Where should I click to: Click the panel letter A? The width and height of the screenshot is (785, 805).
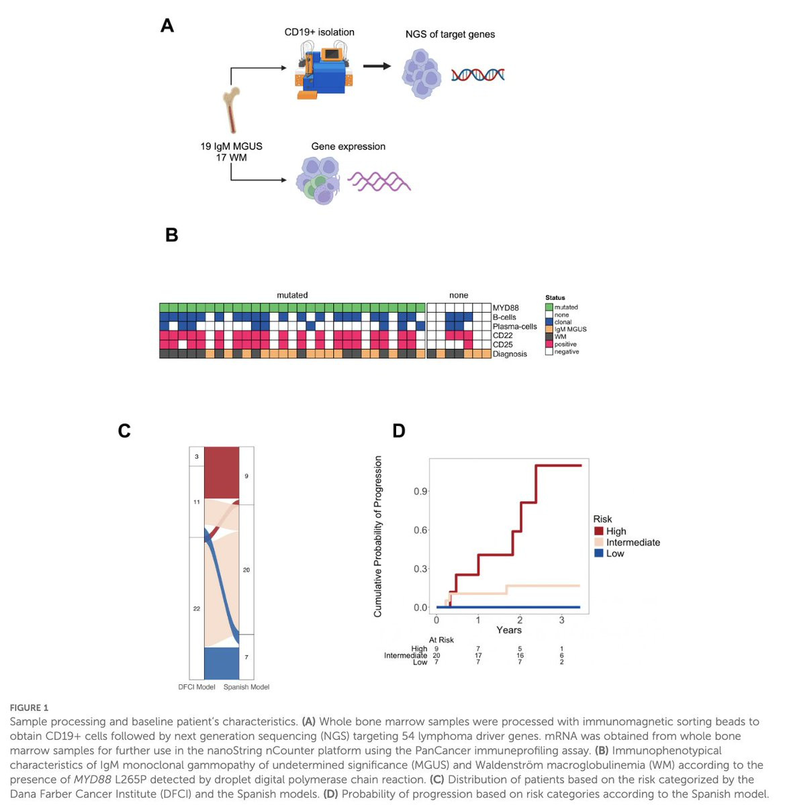pos(167,26)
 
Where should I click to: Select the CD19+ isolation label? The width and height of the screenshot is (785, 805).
pos(319,32)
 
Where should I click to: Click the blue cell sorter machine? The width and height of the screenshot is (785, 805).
pos(324,70)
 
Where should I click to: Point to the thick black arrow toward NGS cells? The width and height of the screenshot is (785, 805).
pos(377,66)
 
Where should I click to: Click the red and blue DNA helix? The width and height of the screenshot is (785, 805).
pos(477,74)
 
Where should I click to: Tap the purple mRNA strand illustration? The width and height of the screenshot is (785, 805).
pos(379,181)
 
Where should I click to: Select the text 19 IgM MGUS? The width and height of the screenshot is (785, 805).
pos(231,146)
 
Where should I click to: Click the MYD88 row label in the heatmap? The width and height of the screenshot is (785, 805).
pos(506,308)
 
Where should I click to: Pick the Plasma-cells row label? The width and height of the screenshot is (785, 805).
pos(514,327)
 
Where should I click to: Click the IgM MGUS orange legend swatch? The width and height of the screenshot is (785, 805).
pos(549,329)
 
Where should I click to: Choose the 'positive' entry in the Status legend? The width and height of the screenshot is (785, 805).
pos(565,344)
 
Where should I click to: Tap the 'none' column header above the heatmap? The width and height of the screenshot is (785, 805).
pos(459,295)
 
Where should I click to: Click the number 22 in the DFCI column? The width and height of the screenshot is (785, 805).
pos(196,608)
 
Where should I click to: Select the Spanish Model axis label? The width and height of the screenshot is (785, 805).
pos(246,687)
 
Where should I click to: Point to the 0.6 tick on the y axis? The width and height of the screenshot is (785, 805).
pos(421,530)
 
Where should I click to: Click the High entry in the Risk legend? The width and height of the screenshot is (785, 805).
pos(616,531)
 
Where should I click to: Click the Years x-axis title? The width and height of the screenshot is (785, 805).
pos(508,630)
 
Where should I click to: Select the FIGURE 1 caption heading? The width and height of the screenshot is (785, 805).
pos(29,708)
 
